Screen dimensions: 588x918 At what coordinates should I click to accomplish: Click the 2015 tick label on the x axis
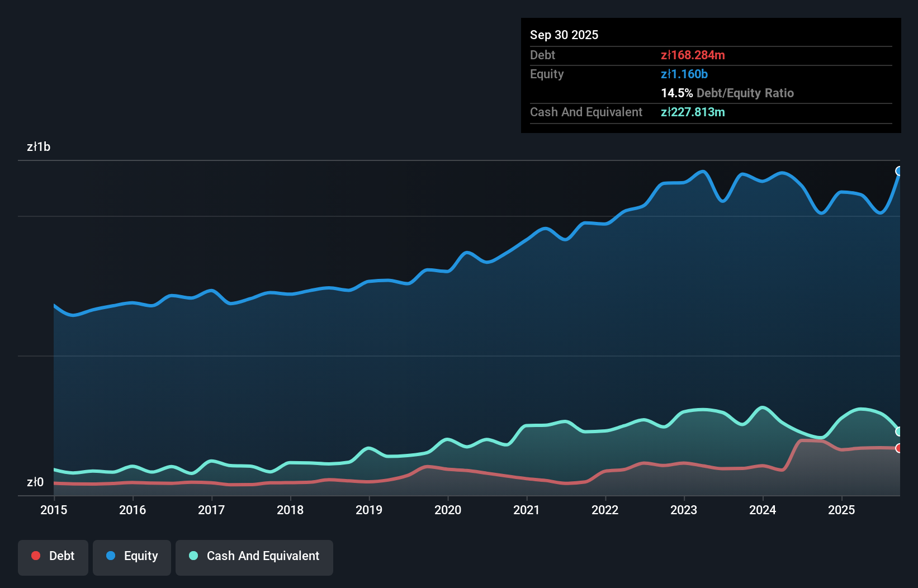(x=54, y=510)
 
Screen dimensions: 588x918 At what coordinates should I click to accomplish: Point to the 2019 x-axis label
(x=369, y=510)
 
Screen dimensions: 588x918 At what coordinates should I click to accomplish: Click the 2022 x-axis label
(x=605, y=510)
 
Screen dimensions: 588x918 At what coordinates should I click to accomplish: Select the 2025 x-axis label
(x=841, y=510)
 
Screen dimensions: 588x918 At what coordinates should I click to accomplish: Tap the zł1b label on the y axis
(x=39, y=147)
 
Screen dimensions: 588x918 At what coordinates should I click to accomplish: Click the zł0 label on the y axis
(x=35, y=482)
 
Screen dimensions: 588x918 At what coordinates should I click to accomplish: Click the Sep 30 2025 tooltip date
(x=564, y=35)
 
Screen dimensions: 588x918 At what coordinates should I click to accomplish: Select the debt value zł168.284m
(x=693, y=55)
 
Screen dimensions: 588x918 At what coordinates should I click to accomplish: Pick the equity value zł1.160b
(x=684, y=74)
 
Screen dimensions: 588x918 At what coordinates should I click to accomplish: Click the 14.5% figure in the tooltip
(x=676, y=93)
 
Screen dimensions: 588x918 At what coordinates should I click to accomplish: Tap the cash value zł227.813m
(x=693, y=112)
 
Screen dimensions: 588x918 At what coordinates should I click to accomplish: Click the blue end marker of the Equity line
(x=899, y=171)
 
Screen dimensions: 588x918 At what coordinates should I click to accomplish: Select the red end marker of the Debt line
(x=899, y=448)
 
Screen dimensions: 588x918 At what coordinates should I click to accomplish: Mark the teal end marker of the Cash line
(x=899, y=431)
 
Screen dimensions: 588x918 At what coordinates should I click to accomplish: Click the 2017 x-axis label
(x=211, y=510)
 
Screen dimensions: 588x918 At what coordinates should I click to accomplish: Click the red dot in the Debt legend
(x=36, y=556)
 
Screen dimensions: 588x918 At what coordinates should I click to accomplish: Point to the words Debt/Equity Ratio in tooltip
(x=745, y=93)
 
